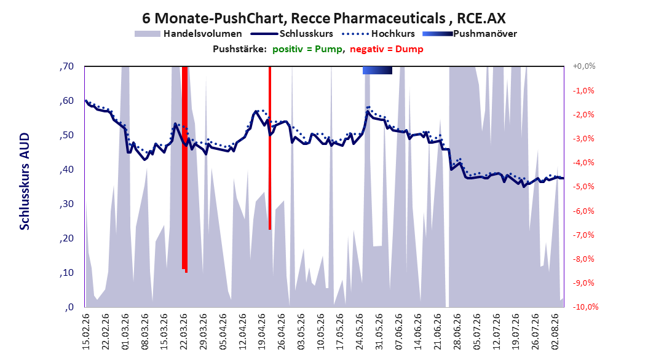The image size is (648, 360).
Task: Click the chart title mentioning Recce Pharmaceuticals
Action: (324, 18)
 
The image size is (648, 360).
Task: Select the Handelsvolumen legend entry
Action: (188, 34)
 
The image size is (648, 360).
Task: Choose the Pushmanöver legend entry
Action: (470, 34)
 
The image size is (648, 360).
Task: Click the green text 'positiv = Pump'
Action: (307, 49)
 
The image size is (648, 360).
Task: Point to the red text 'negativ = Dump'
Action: (387, 49)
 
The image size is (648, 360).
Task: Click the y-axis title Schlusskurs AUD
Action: (25, 181)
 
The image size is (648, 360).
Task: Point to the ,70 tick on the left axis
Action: (66, 66)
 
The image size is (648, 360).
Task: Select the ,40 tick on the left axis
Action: (66, 170)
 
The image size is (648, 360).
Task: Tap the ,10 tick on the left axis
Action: (66, 273)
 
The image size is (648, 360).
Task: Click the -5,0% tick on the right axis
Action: (583, 187)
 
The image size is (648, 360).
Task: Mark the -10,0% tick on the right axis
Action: (585, 307)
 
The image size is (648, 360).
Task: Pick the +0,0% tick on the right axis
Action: (584, 66)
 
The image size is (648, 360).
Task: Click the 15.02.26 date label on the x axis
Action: (86, 332)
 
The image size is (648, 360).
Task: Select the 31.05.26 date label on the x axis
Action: (379, 332)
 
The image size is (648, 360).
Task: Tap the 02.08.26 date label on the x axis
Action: (555, 332)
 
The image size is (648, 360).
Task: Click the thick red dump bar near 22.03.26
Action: (184, 170)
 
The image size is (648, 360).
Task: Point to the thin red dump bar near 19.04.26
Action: (270, 148)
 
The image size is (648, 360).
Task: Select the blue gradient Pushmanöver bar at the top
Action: (377, 70)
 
